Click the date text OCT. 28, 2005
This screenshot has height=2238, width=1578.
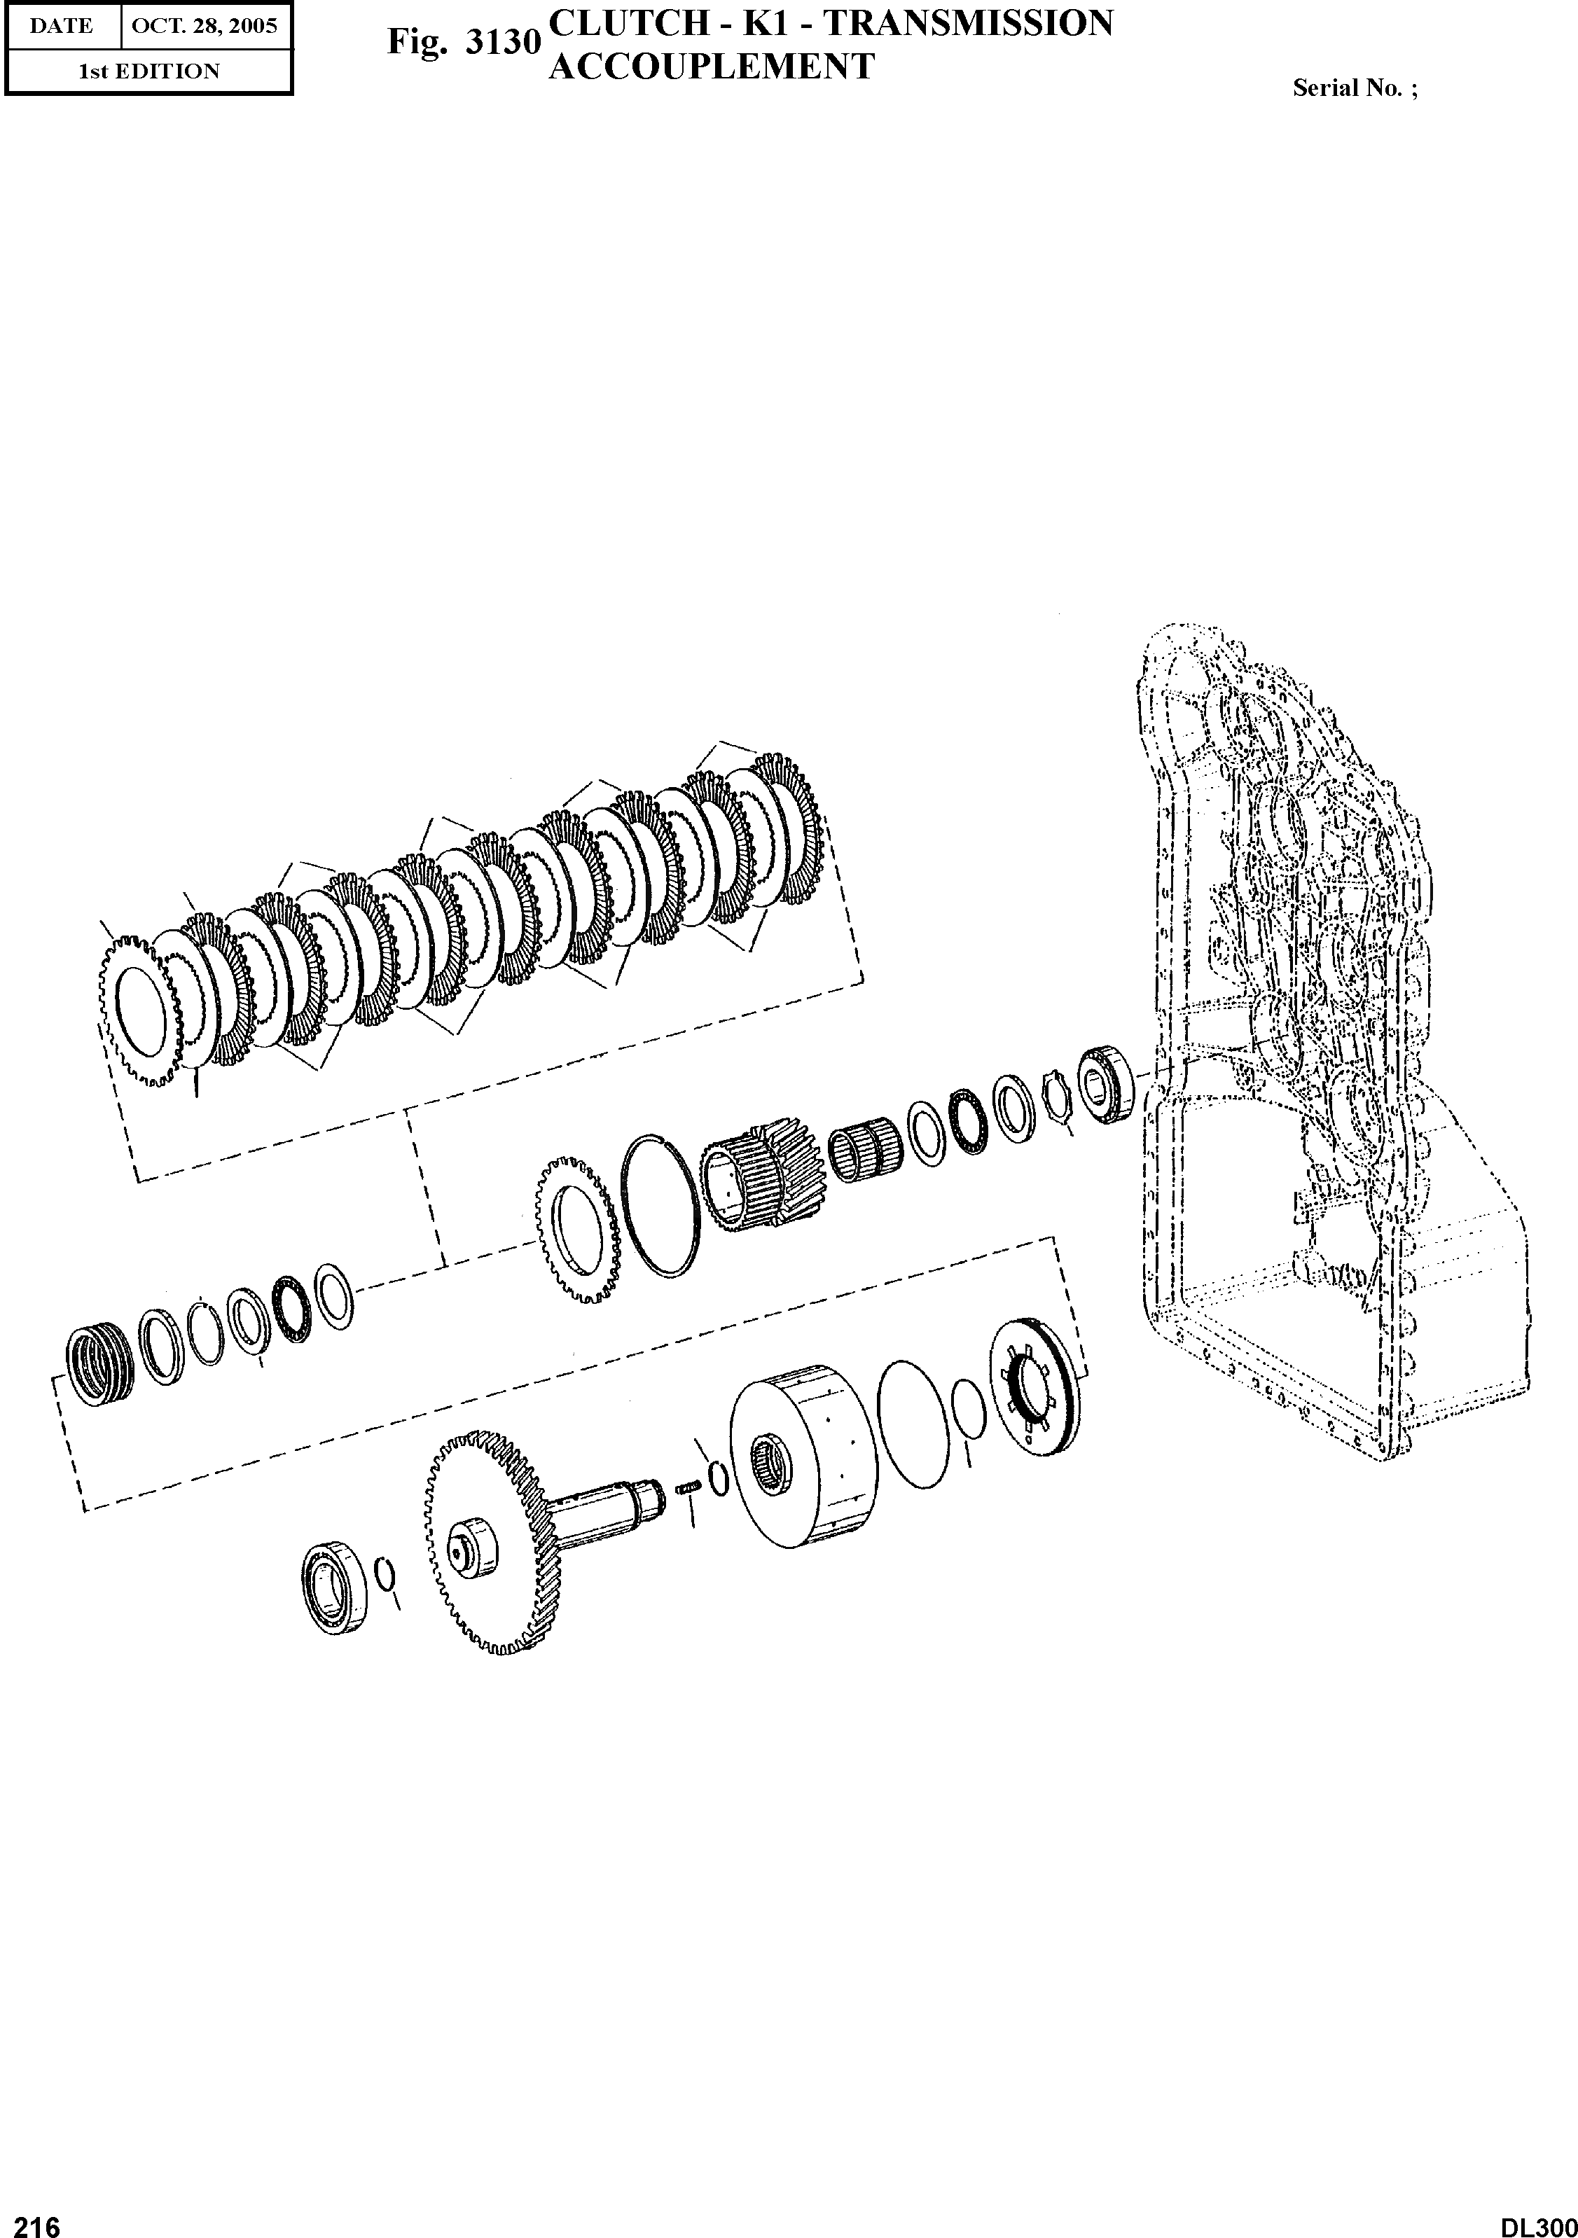pos(205,27)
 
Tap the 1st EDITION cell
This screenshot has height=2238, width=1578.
pos(149,71)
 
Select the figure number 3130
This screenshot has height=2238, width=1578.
pos(503,43)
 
